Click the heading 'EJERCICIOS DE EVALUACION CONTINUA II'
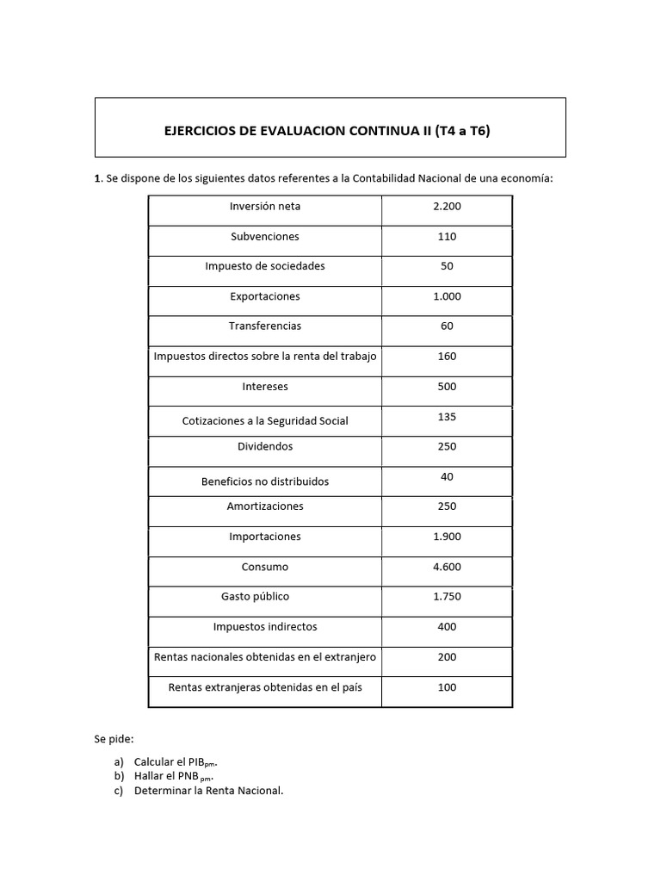pyautogui.click(x=330, y=131)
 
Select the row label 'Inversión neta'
pyautogui.click(x=265, y=207)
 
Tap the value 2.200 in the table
pyautogui.click(x=447, y=207)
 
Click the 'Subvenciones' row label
pyautogui.click(x=265, y=237)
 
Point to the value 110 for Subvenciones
pyautogui.click(x=447, y=237)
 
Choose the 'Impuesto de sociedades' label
pyautogui.click(x=265, y=266)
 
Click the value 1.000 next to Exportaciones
pyautogui.click(x=447, y=296)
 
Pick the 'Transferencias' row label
pyautogui.click(x=265, y=326)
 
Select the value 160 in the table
pyautogui.click(x=447, y=357)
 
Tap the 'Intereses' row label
pyautogui.click(x=265, y=387)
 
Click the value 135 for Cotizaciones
pyautogui.click(x=447, y=417)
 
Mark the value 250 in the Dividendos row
pyautogui.click(x=447, y=446)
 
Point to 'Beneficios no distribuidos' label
pyautogui.click(x=265, y=481)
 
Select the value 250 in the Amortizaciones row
pyautogui.click(x=447, y=506)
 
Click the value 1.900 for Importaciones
pyautogui.click(x=447, y=537)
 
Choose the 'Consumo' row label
pyautogui.click(x=265, y=567)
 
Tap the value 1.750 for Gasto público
pyautogui.click(x=447, y=597)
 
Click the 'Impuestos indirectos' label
pyautogui.click(x=265, y=627)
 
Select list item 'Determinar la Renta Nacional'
pyautogui.click(x=208, y=791)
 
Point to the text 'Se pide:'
pyautogui.click(x=114, y=739)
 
